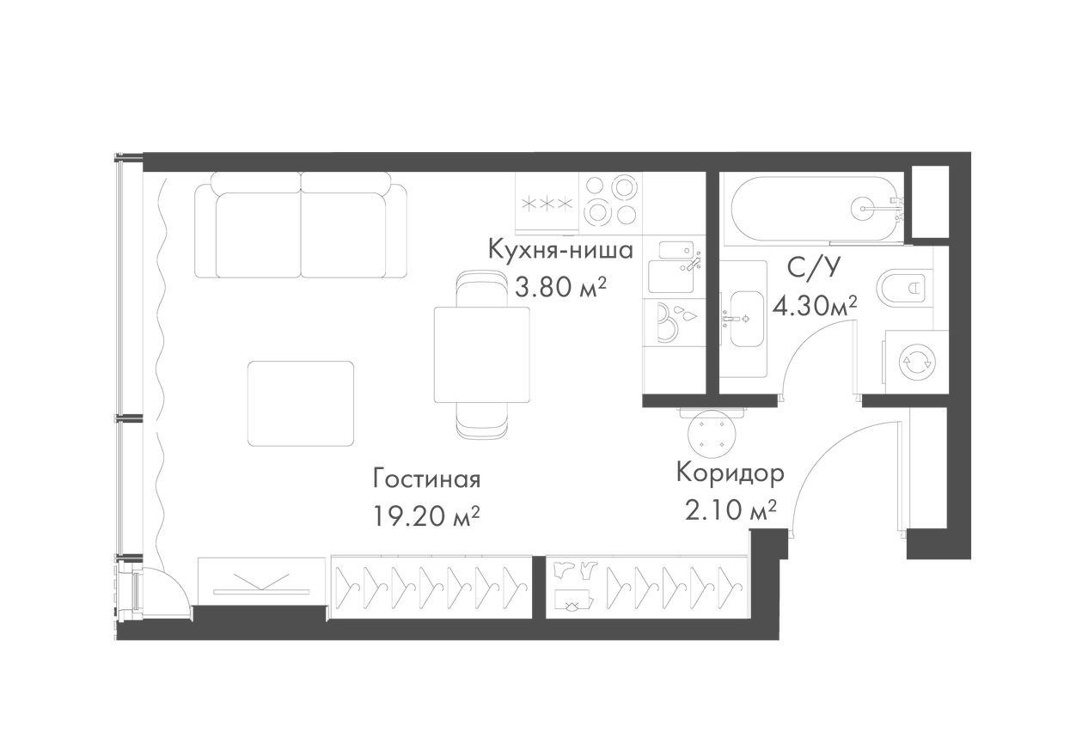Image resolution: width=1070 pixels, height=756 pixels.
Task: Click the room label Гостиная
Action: pyautogui.click(x=426, y=477)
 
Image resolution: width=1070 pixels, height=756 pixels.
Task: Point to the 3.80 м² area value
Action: pyautogui.click(x=560, y=287)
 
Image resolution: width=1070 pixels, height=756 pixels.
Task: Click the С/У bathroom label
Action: pyautogui.click(x=813, y=268)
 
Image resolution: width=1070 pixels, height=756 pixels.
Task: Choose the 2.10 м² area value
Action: pyautogui.click(x=731, y=511)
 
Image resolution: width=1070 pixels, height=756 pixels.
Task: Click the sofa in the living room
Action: pyautogui.click(x=301, y=225)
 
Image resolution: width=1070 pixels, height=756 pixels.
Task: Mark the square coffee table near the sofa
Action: pyautogui.click(x=301, y=403)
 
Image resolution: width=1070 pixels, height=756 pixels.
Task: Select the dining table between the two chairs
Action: pyautogui.click(x=482, y=354)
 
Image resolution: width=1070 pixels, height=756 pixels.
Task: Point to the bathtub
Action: pyautogui.click(x=812, y=206)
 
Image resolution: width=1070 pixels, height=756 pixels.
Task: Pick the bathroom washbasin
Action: pyautogui.click(x=742, y=318)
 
